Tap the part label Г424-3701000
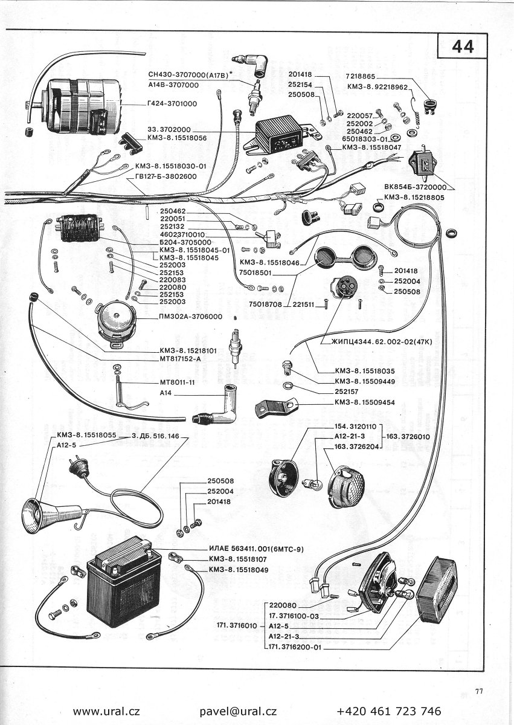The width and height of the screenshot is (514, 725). [x=172, y=103]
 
